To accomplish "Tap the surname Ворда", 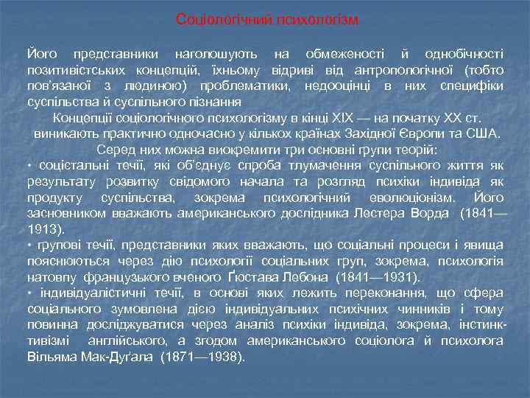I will click(x=430, y=214).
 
